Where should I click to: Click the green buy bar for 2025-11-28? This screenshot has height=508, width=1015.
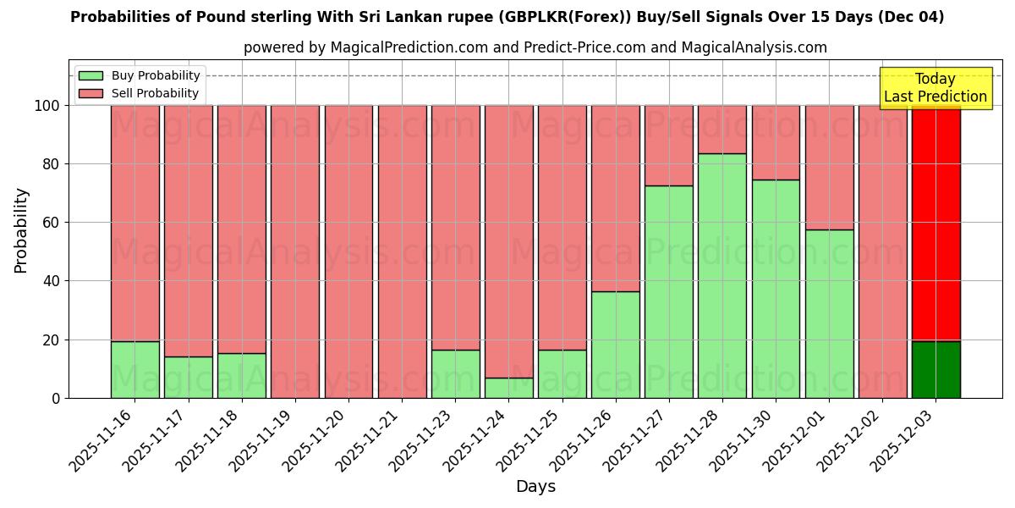[x=722, y=275]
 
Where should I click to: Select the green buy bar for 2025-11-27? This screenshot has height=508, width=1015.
[x=668, y=291]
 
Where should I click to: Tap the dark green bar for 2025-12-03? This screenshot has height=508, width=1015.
[x=935, y=369]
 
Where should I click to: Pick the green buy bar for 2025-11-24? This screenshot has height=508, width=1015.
[x=508, y=388]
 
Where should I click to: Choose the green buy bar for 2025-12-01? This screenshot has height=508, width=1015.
[x=829, y=313]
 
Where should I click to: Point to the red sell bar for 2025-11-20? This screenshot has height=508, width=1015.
[x=348, y=251]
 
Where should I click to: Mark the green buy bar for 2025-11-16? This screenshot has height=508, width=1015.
[x=134, y=369]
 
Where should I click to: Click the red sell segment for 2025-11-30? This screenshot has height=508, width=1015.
[x=776, y=142]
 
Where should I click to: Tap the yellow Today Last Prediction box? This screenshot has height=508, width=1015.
[x=935, y=88]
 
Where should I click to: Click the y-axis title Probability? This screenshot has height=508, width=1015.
[x=21, y=230]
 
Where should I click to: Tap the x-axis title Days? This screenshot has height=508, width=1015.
[x=535, y=487]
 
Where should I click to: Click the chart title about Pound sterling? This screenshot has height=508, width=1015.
[x=507, y=17]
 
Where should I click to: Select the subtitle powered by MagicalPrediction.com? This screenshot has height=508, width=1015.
[x=535, y=47]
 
